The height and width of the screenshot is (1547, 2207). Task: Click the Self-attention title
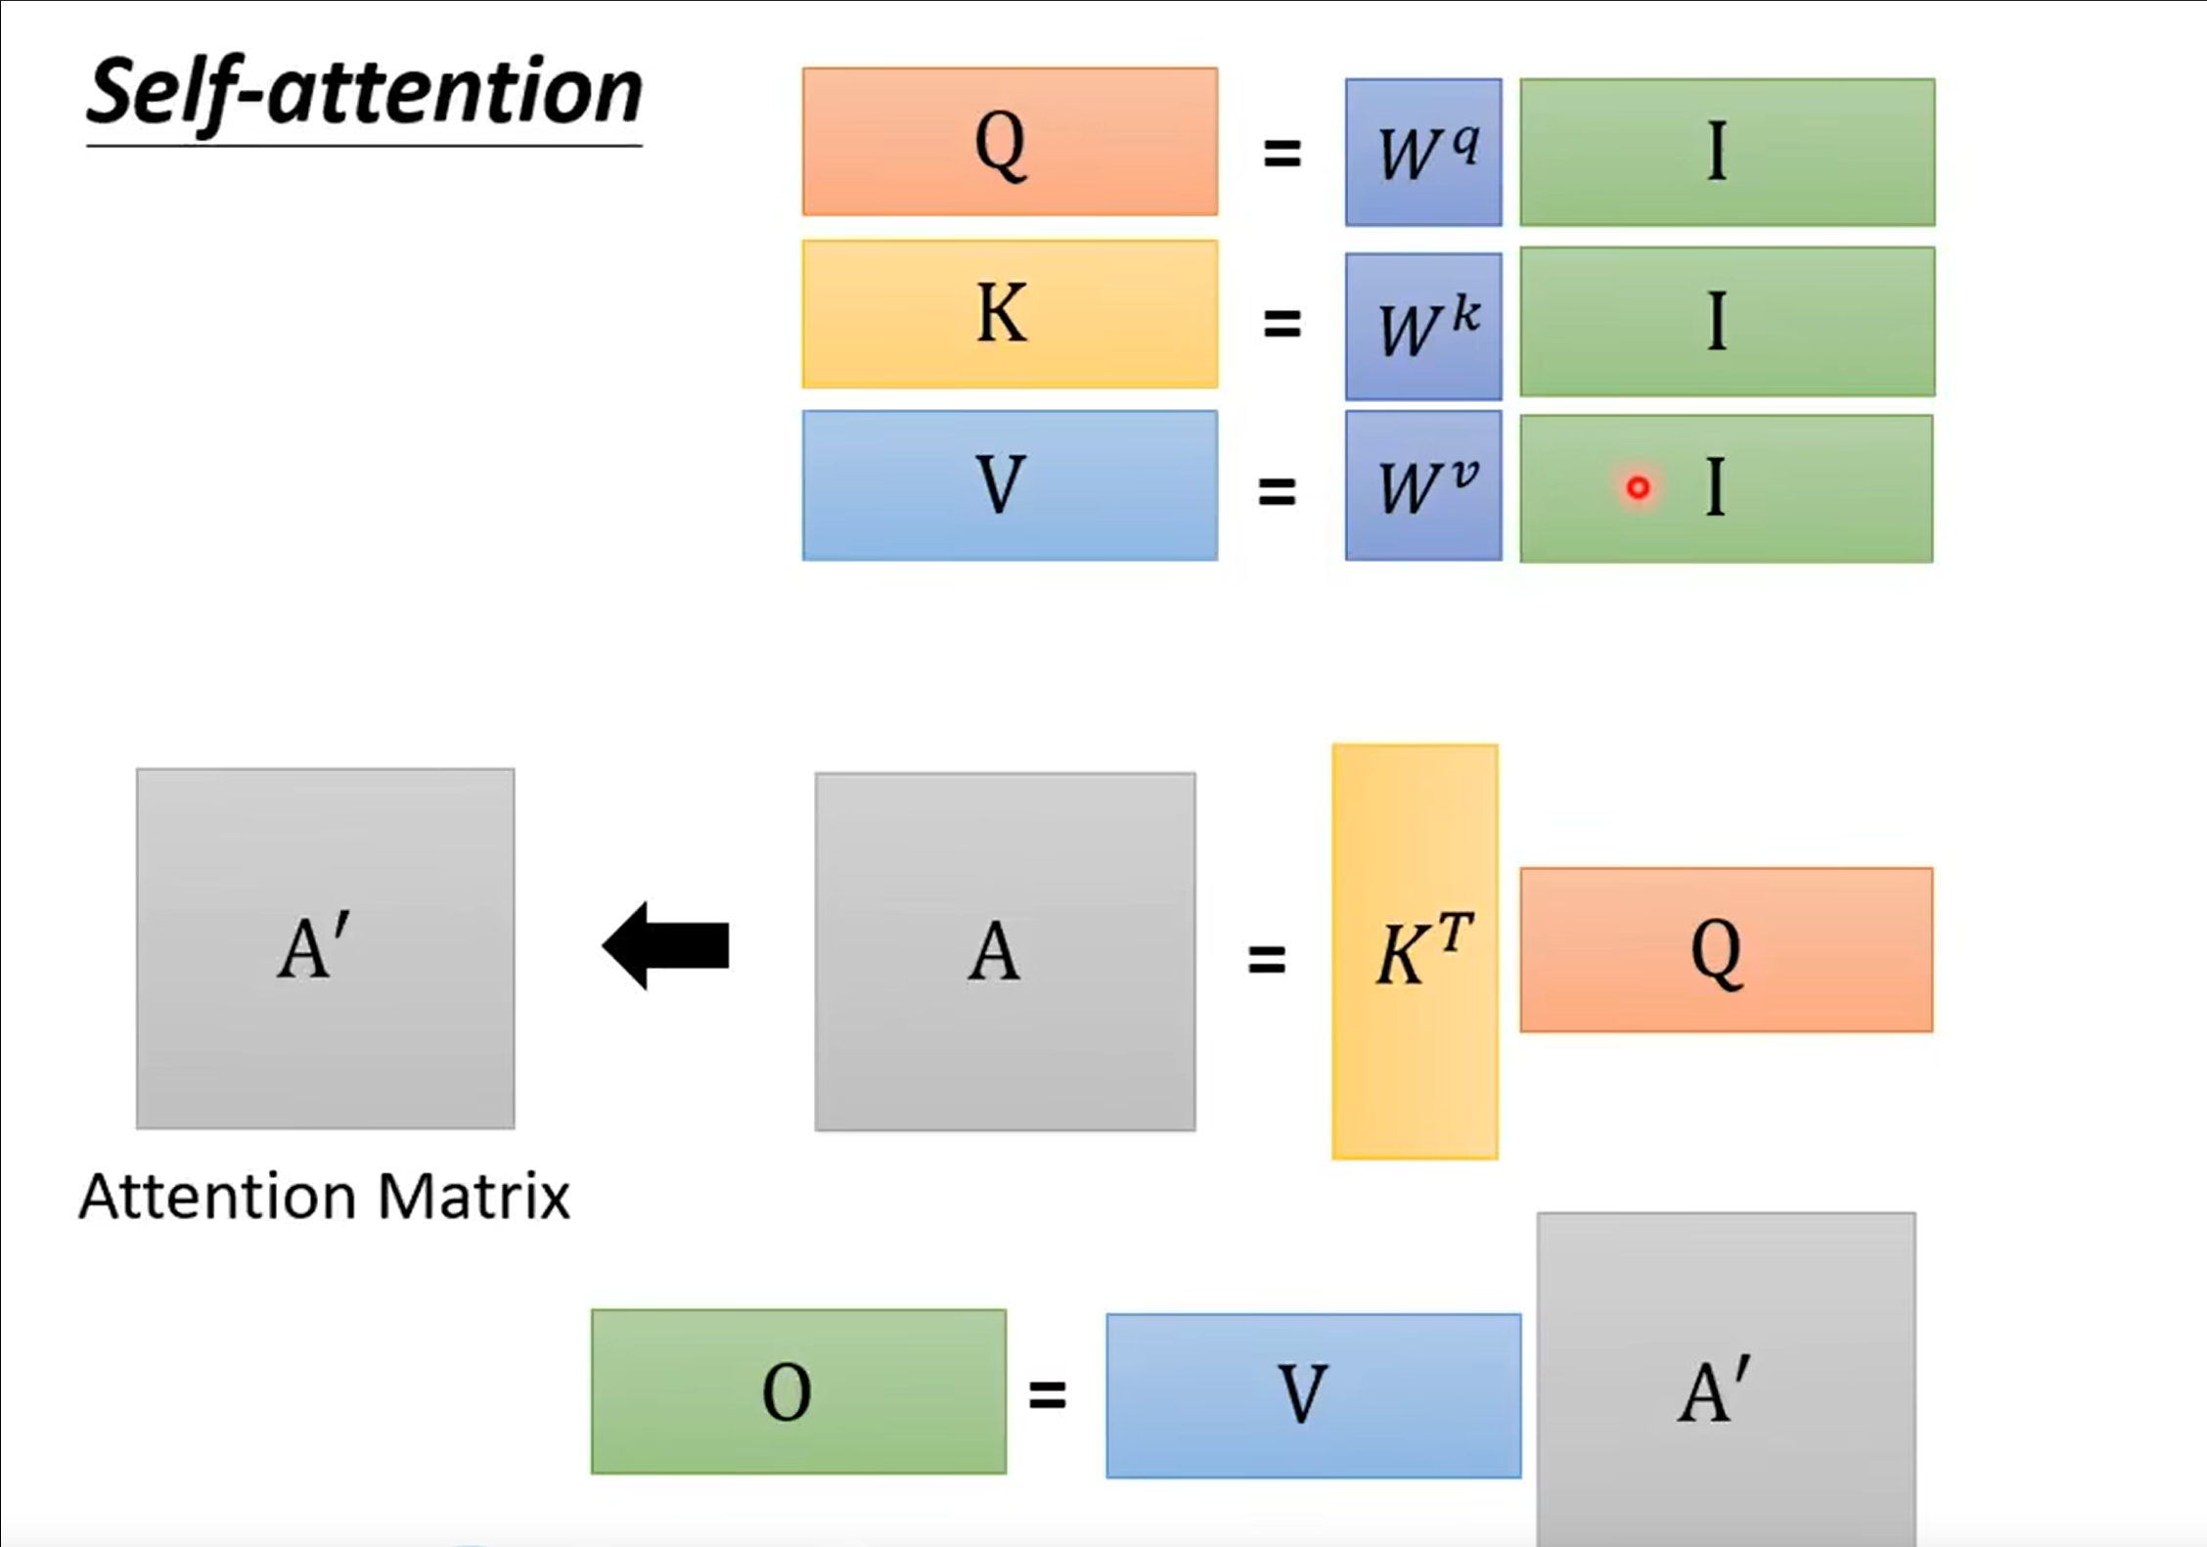point(364,92)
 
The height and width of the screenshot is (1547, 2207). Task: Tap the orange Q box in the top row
point(1010,142)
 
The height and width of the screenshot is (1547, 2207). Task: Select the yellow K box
point(1010,314)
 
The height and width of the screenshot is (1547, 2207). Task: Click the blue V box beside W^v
point(1010,485)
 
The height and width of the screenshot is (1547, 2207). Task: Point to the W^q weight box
point(1423,153)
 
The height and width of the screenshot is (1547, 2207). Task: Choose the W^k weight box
point(1423,326)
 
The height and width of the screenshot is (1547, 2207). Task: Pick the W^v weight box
point(1423,485)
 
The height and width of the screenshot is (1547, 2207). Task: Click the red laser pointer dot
point(1638,487)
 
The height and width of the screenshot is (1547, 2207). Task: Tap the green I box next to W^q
point(1727,153)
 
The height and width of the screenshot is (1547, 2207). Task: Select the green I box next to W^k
point(1727,322)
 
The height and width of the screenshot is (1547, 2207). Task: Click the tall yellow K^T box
point(1415,951)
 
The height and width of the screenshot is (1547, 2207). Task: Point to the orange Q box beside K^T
point(1726,949)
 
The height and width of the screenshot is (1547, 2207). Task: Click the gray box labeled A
point(1005,951)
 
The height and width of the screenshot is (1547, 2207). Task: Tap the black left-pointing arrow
point(666,946)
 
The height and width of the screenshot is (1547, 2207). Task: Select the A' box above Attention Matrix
point(325,948)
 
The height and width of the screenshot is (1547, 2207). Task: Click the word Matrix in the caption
point(473,1197)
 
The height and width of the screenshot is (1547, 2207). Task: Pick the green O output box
point(798,1391)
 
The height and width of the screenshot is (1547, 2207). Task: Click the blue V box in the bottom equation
point(1313,1395)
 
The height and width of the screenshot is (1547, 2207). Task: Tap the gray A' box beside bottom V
point(1726,1380)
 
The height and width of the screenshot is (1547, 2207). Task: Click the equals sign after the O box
point(1047,1393)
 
